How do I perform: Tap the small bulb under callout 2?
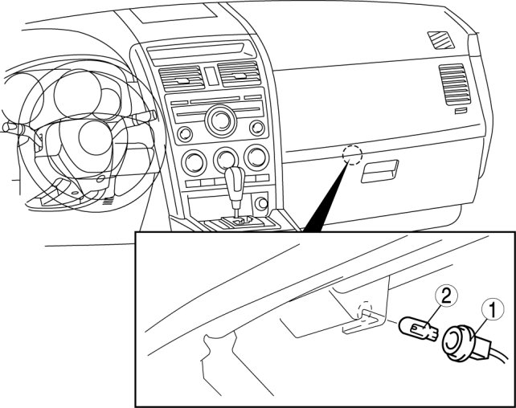pos(416,328)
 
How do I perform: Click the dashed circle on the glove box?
pos(350,154)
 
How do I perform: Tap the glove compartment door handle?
pos(380,170)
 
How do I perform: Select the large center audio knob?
pos(218,122)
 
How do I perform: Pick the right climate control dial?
pos(256,157)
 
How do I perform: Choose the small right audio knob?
pos(257,128)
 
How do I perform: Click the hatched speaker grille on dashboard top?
pos(441,39)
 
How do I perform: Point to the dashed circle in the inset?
pos(366,310)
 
